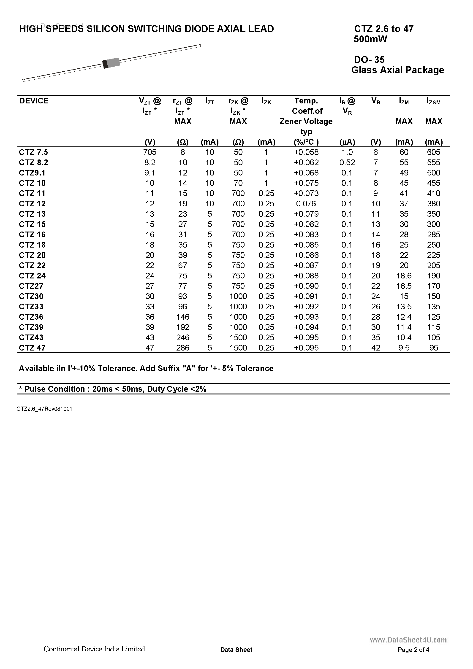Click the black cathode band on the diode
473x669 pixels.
[106, 64]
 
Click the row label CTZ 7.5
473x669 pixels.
[33, 152]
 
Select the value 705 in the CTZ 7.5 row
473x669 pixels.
[150, 152]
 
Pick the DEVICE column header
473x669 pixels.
[34, 101]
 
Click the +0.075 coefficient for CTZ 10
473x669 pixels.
[306, 183]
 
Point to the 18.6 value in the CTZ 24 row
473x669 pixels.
[404, 276]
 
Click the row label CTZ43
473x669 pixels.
[31, 338]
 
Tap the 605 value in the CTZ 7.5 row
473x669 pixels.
[434, 152]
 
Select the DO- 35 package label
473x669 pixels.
[370, 60]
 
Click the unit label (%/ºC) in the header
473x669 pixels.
[306, 142]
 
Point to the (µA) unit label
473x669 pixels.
[347, 142]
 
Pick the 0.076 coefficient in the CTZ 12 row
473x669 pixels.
[306, 204]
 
